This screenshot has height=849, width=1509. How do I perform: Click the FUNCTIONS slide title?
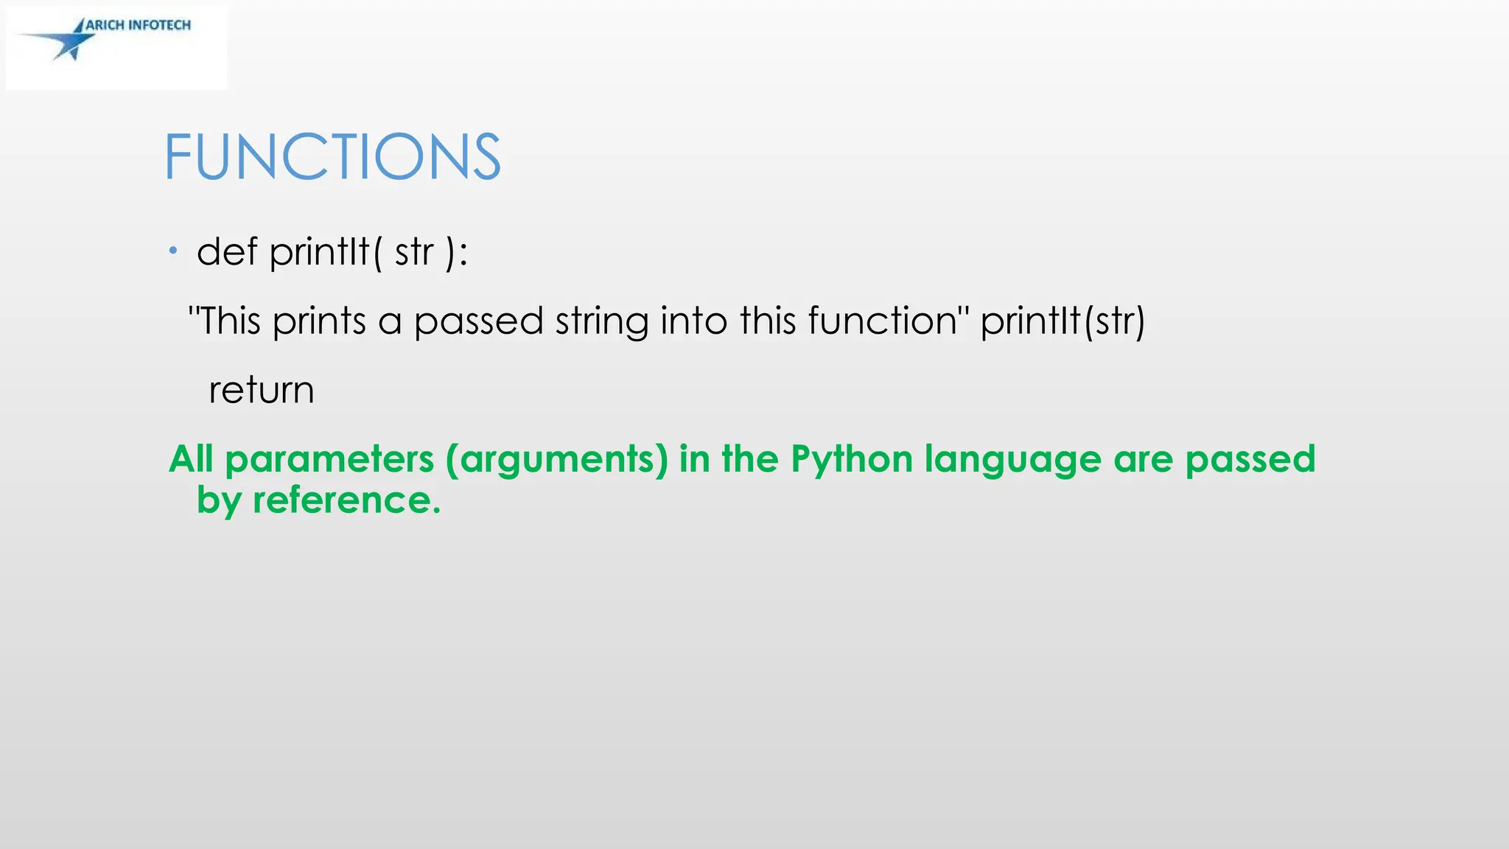tap(332, 156)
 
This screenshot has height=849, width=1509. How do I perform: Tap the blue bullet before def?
tap(173, 251)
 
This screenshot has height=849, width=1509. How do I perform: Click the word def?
tap(227, 251)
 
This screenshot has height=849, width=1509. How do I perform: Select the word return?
tap(262, 390)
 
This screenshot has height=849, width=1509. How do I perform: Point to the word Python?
tap(852, 459)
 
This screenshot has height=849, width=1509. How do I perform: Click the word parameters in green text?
tap(329, 459)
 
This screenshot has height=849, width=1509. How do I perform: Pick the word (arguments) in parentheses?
tap(556, 459)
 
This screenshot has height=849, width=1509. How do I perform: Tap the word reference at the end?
tap(346, 500)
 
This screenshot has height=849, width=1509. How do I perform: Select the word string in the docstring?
tap(602, 321)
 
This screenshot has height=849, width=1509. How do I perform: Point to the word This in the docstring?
tap(230, 321)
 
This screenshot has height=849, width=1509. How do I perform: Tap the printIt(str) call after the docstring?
tap(1062, 321)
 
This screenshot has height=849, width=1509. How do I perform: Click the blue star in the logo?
tap(74, 41)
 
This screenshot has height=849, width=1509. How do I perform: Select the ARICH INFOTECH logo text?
tap(139, 25)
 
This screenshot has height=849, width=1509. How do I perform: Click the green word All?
tap(191, 459)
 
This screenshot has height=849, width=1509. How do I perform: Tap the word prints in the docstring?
tap(319, 321)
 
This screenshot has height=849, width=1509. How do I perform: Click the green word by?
tap(219, 500)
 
